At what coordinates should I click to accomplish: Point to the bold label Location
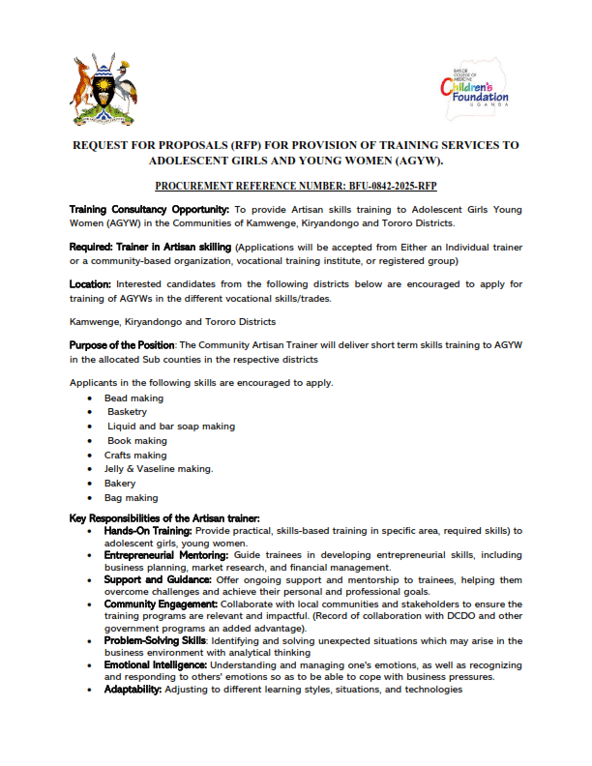90,284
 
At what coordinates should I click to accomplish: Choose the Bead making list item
133,398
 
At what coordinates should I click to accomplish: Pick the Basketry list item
128,412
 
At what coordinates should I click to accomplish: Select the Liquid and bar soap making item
171,426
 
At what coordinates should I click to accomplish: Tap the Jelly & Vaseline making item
159,469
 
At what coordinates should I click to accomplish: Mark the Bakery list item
120,483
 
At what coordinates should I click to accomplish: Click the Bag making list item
132,497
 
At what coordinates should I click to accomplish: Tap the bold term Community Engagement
160,603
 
